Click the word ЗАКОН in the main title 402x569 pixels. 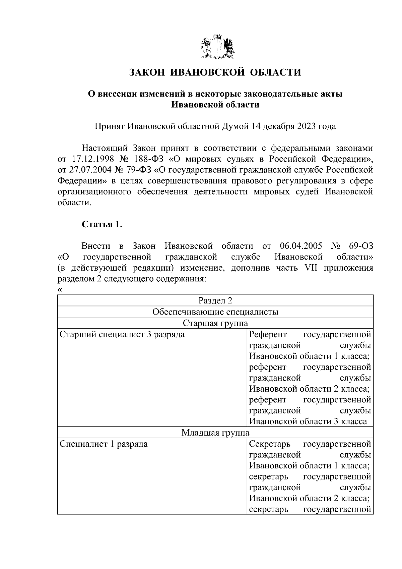(x=146, y=72)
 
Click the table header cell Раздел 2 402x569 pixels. (x=215, y=300)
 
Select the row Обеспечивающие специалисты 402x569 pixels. (x=215, y=312)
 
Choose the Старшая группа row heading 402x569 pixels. (x=215, y=323)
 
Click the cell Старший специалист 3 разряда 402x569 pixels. (x=122, y=335)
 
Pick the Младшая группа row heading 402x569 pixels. (x=215, y=433)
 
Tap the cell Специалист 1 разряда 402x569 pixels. (x=104, y=444)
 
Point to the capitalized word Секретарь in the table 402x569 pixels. (x=270, y=444)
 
